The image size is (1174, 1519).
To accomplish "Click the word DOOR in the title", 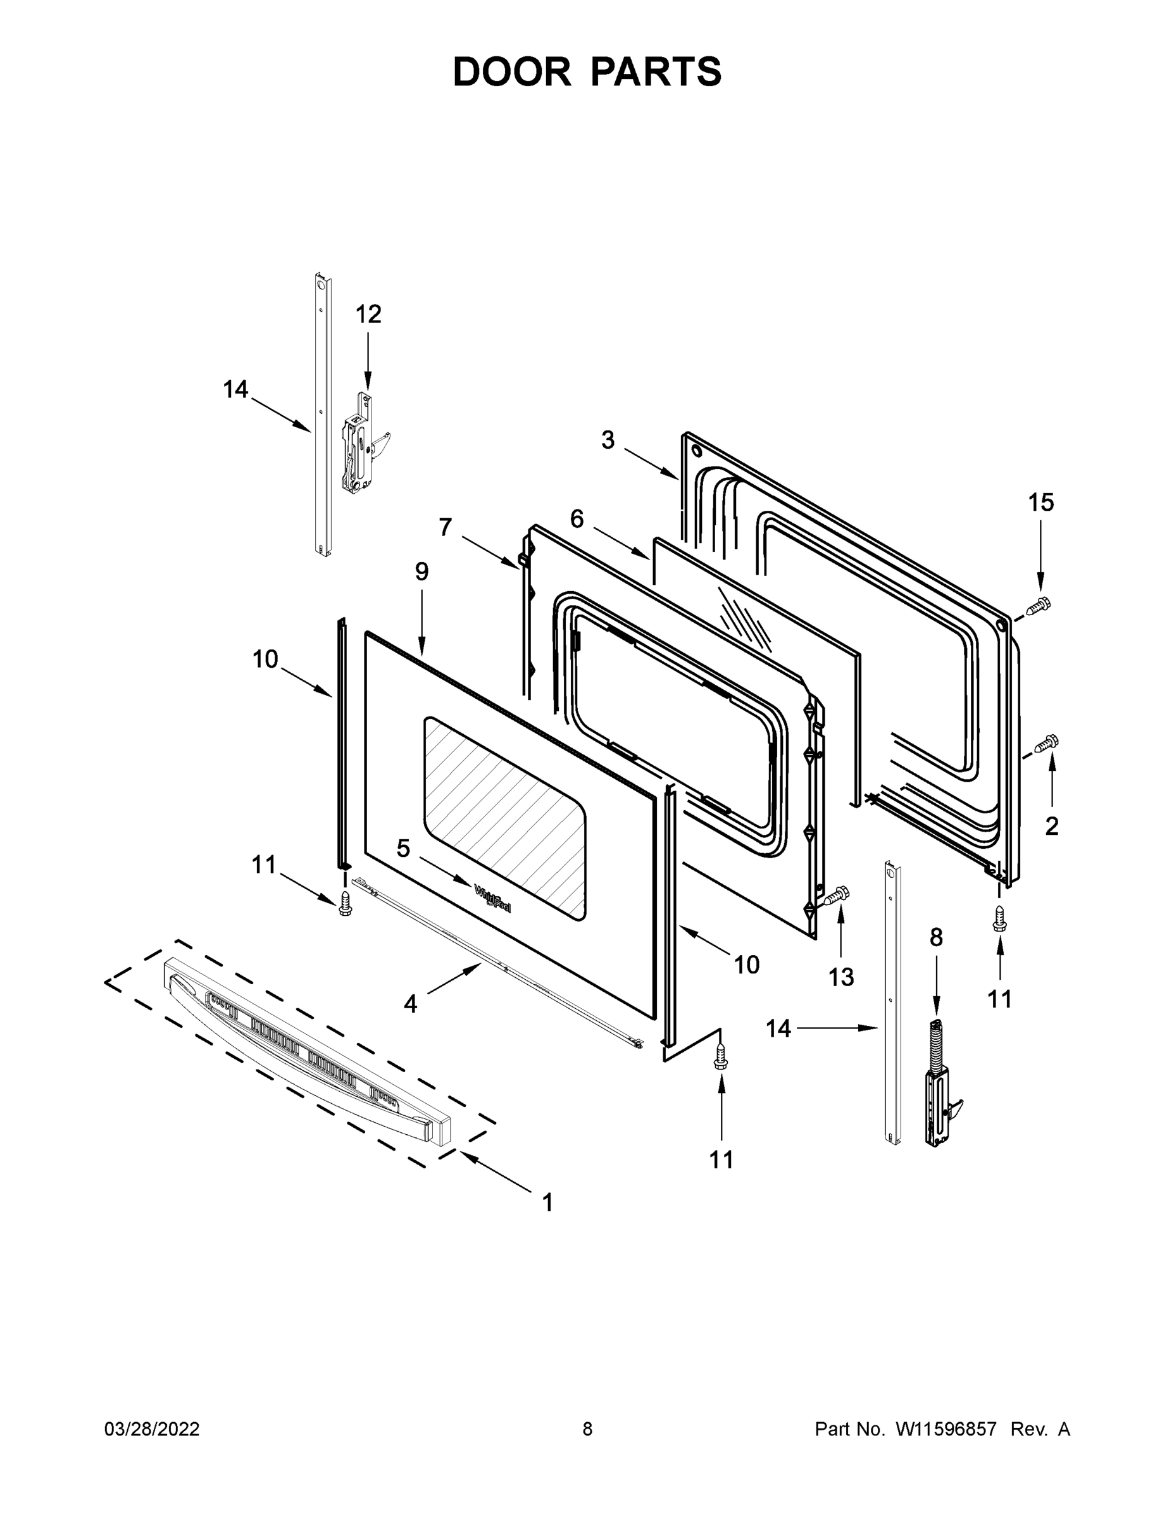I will (511, 72).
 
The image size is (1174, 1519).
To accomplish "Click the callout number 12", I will (368, 315).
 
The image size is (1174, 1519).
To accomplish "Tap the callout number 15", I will (1041, 502).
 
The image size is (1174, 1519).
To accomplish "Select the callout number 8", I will (936, 938).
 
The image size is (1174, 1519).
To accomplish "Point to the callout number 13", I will (841, 977).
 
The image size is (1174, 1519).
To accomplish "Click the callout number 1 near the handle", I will (547, 1203).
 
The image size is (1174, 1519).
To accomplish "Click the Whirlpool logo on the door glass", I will (492, 898).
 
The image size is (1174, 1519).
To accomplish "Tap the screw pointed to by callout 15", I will (1039, 606).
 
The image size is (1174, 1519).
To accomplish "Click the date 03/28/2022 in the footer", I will (152, 1429).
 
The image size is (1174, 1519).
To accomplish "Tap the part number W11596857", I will (946, 1429).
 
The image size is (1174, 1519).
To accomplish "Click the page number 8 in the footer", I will (587, 1429).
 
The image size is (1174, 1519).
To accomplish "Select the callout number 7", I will (446, 527).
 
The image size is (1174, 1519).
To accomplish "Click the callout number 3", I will (608, 440).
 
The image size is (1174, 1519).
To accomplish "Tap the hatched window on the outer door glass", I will (504, 817).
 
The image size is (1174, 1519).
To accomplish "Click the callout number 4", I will (410, 1004).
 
